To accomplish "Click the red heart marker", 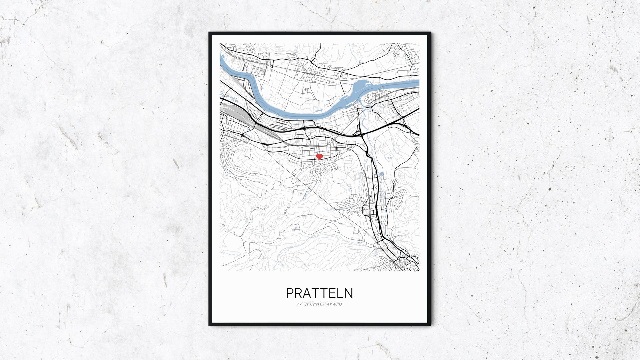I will click(319, 156).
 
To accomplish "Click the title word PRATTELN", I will click(319, 293).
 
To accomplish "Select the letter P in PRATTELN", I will click(290, 293).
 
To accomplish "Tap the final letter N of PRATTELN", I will click(349, 293).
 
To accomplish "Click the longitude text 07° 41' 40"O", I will click(331, 304).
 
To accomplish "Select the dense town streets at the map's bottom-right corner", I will click(405, 262).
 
